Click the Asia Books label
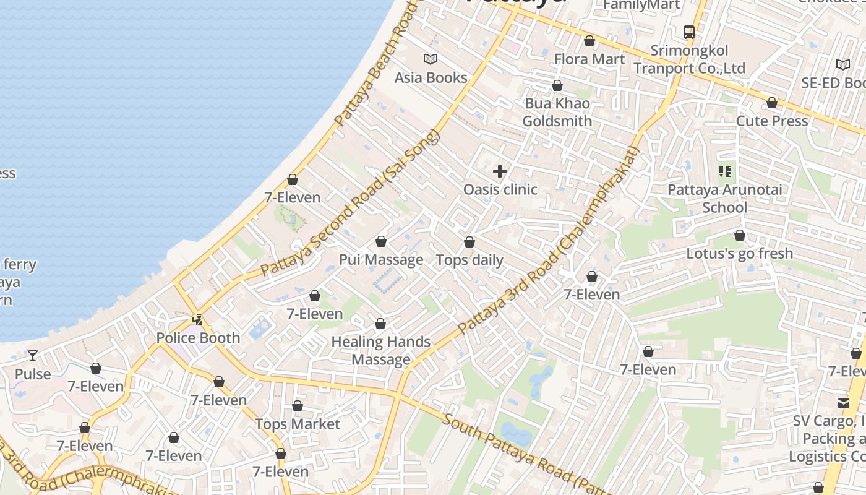coord(431,77)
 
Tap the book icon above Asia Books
coord(431,59)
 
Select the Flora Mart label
coord(589,59)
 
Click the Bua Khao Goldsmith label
coord(557,112)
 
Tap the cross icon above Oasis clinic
coord(500,171)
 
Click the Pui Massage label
coord(381,259)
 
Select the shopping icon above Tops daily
coord(469,242)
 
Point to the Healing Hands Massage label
coord(380,350)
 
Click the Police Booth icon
coord(198,320)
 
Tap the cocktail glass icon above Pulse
coord(33,356)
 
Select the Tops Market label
coord(298,424)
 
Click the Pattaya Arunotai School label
coord(724,198)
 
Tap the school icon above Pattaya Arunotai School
coord(724,171)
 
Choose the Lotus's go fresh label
coord(739,253)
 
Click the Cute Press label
coord(771,121)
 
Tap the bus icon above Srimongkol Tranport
coord(688,32)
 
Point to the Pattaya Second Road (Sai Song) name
coord(350,204)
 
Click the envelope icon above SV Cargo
coord(844,403)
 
